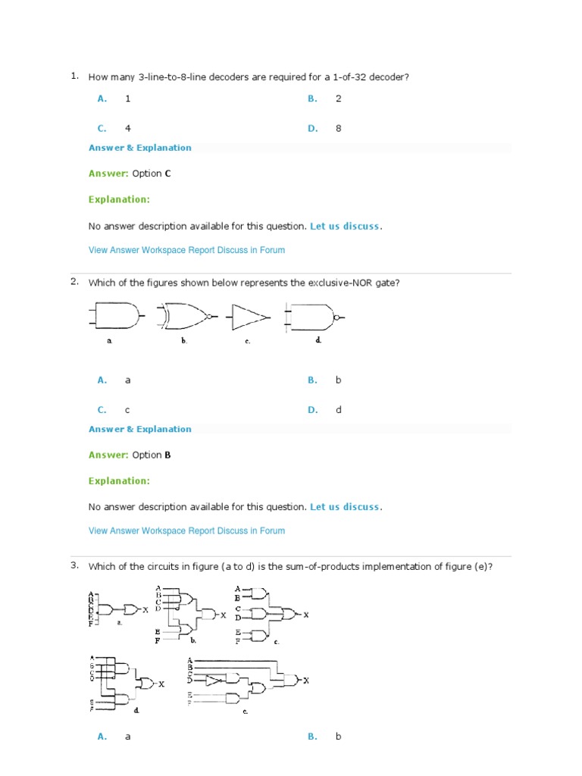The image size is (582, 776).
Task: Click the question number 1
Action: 74,76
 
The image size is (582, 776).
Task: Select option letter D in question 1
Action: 312,129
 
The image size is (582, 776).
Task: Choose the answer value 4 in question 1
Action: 128,129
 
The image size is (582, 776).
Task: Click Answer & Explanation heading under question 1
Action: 140,148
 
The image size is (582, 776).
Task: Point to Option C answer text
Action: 152,174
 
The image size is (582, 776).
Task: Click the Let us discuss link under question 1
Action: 346,226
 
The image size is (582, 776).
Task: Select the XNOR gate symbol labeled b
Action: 187,315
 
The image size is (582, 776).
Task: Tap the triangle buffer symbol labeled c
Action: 249,315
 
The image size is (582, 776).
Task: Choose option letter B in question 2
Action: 312,380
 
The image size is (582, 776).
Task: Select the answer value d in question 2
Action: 339,410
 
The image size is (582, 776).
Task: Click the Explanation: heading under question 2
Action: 119,481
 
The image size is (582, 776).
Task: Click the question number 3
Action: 74,565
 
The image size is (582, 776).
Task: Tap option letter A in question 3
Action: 102,736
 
